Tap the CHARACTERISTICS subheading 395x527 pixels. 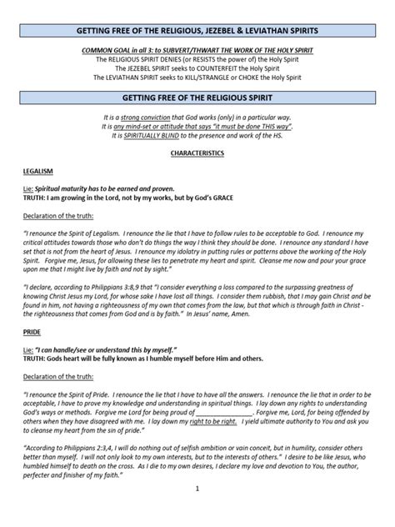pyautogui.click(x=197, y=154)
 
